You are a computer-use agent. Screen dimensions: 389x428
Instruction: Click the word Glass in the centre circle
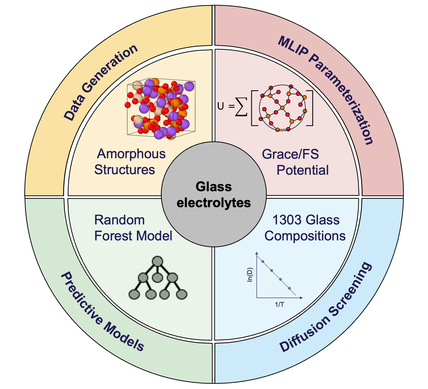pyautogui.click(x=214, y=187)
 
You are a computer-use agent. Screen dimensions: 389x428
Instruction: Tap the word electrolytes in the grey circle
pyautogui.click(x=214, y=203)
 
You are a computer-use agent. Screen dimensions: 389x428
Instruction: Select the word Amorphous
pyautogui.click(x=131, y=154)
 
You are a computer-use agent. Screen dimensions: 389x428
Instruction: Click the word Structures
pyautogui.click(x=125, y=170)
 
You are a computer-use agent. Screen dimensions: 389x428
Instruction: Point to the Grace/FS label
pyautogui.click(x=290, y=154)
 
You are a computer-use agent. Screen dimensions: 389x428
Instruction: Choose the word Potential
pyautogui.click(x=302, y=170)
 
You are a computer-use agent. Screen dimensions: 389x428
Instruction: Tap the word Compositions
pyautogui.click(x=305, y=236)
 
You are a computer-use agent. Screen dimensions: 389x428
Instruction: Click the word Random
pyautogui.click(x=119, y=220)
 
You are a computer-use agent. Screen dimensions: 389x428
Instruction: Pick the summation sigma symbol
pyautogui.click(x=241, y=107)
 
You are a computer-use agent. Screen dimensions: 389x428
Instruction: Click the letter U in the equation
pyautogui.click(x=220, y=106)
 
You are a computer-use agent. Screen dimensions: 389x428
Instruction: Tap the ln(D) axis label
pyautogui.click(x=250, y=275)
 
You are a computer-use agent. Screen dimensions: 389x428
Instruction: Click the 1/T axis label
pyautogui.click(x=279, y=305)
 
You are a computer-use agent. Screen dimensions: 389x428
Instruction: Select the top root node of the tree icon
pyautogui.click(x=158, y=261)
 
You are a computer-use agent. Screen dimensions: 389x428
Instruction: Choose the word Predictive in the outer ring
pyautogui.click(x=81, y=298)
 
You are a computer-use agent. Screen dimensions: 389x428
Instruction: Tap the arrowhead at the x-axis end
pyautogui.click(x=301, y=298)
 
